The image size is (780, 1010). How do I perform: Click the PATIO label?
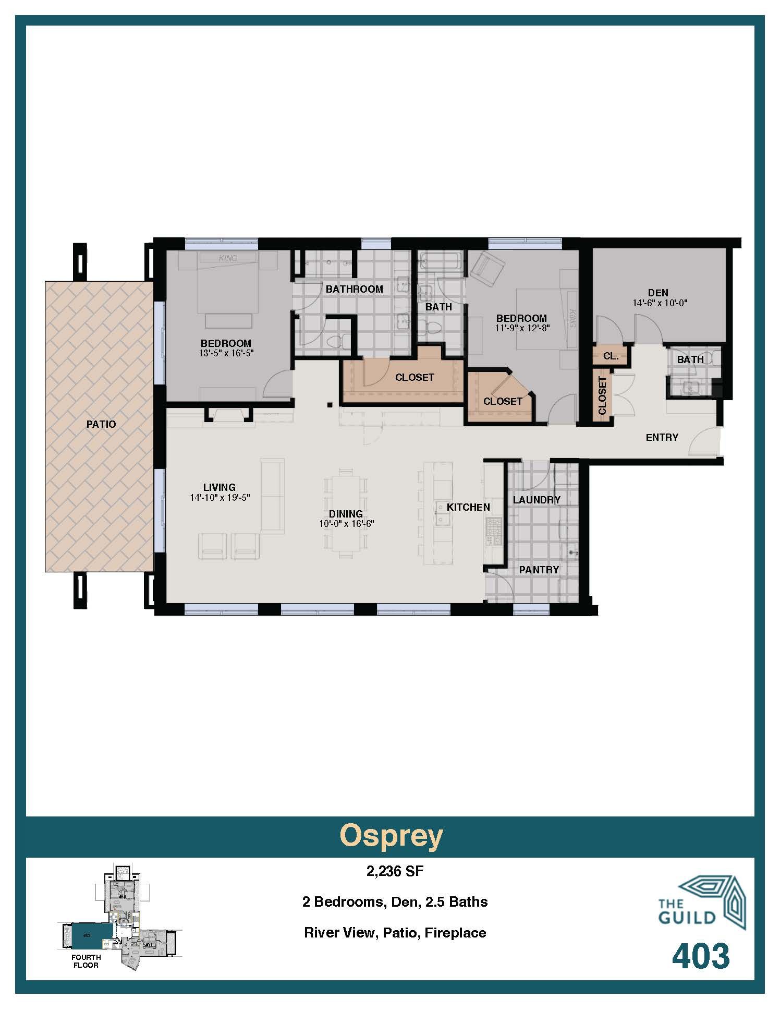(x=101, y=424)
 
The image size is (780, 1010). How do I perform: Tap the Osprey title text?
(x=391, y=836)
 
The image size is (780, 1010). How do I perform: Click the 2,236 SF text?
(x=395, y=871)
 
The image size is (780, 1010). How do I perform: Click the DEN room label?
(x=658, y=293)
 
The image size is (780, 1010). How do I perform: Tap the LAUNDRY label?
(x=537, y=500)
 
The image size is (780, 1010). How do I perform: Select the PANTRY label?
(x=539, y=570)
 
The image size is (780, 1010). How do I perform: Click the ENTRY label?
(x=662, y=437)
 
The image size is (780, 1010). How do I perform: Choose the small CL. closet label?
(x=611, y=357)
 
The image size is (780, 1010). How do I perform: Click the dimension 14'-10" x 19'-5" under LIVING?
(x=220, y=498)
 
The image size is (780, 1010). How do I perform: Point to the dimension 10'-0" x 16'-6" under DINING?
(x=347, y=524)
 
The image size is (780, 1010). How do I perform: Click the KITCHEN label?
(x=468, y=507)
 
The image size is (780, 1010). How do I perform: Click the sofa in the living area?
(x=272, y=496)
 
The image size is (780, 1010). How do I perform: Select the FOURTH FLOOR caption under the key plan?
(x=86, y=961)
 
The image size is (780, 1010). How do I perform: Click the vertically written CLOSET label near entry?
(x=602, y=395)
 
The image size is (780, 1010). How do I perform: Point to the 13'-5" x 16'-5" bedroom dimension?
(x=226, y=353)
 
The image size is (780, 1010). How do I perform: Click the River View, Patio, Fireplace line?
(x=395, y=933)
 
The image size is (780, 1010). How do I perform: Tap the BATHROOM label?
(x=354, y=289)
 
